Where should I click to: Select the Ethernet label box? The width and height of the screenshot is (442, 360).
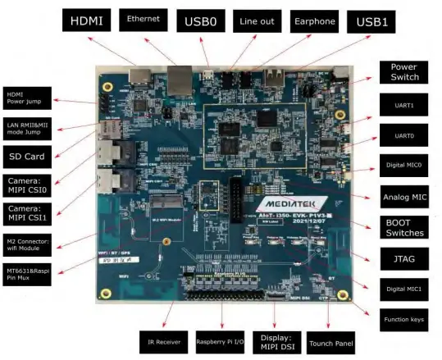(x=146, y=17)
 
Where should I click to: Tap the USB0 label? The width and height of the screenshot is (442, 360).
(x=200, y=19)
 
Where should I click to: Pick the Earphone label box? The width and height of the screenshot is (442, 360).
(x=313, y=18)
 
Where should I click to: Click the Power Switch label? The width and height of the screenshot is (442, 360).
(x=403, y=72)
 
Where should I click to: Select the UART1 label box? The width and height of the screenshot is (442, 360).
(x=403, y=106)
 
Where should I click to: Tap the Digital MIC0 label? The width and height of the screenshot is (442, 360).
(x=403, y=165)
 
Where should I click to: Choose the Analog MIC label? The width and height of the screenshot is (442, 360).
(x=403, y=197)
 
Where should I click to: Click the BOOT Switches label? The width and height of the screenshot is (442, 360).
(x=403, y=227)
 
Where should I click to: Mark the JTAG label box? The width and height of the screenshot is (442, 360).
(x=403, y=259)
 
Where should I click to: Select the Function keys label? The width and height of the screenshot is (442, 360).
(x=403, y=319)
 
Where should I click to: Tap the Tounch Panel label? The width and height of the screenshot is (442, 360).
(x=330, y=343)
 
